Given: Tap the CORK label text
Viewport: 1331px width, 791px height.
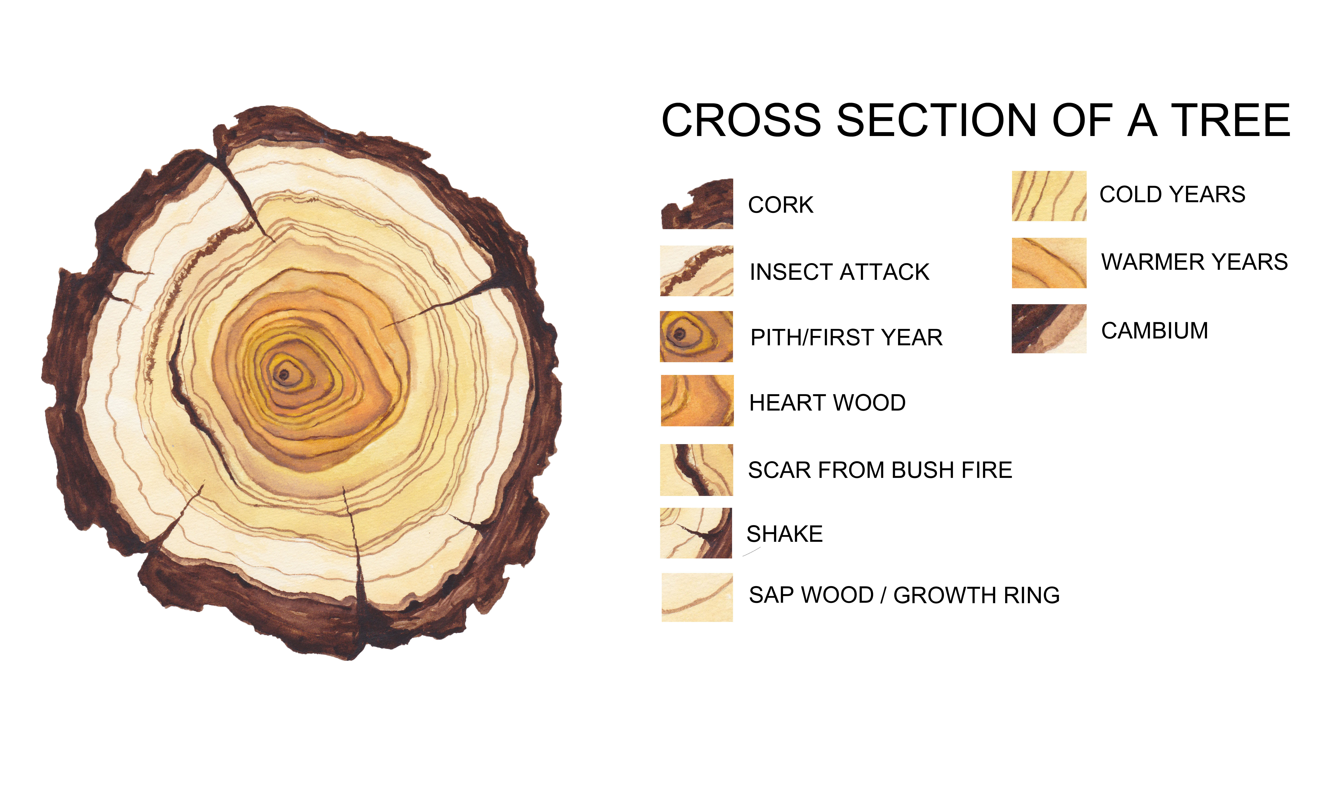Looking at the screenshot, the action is point(781,205).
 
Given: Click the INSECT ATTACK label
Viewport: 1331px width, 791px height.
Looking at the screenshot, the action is point(839,272).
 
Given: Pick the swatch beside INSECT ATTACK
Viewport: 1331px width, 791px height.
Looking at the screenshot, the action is point(696,271).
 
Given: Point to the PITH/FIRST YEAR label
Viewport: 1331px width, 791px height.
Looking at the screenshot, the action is point(846,337).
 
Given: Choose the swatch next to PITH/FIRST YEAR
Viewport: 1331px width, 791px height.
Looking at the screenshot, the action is point(696,336).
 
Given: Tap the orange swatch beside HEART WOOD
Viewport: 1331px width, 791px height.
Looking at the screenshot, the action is point(697,400).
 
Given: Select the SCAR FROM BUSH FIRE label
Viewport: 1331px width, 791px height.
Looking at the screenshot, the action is point(880,470).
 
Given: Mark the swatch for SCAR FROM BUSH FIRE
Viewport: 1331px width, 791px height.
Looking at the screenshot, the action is point(696,470).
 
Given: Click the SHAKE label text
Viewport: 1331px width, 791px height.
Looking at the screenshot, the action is point(784,534).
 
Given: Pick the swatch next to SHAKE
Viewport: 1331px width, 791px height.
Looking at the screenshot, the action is point(696,533).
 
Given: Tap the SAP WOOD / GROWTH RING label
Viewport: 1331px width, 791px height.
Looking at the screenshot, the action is point(904,595).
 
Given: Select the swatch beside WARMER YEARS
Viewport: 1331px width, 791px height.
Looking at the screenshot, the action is point(1049,263).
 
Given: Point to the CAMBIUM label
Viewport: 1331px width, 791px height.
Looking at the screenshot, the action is point(1154,330).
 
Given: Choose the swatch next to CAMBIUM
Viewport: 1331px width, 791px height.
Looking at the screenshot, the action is point(1049,328).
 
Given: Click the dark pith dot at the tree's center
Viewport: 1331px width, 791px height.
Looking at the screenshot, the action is point(284,375).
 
